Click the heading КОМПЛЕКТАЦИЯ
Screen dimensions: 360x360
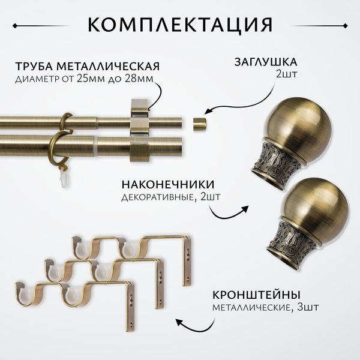(x=180, y=25)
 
